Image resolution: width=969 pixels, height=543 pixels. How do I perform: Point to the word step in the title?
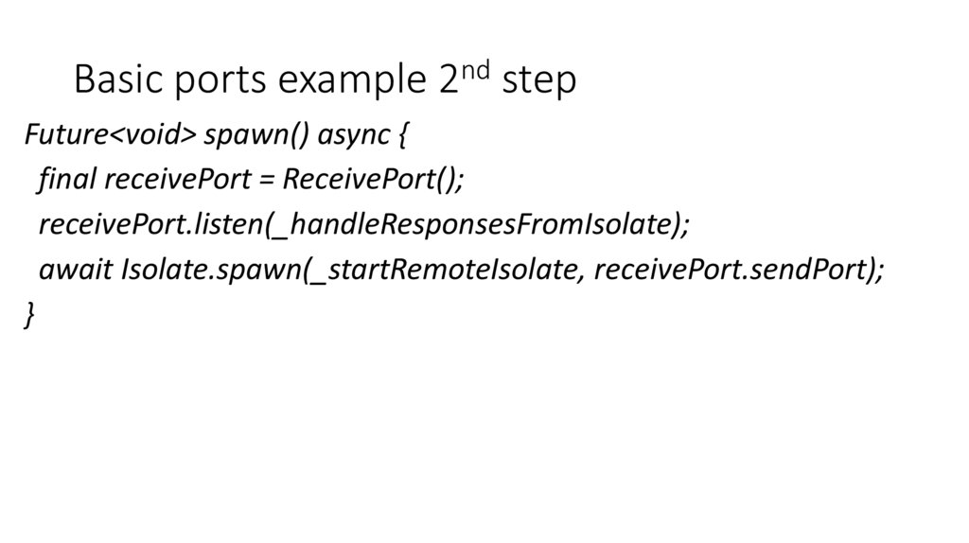[x=538, y=83]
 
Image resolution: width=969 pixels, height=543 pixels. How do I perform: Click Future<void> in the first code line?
[x=110, y=135]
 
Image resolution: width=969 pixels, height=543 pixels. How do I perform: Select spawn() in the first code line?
[x=255, y=135]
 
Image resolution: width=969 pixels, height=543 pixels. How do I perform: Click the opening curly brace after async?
[x=401, y=136]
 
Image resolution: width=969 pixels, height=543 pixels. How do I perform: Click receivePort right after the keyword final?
[x=176, y=180]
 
